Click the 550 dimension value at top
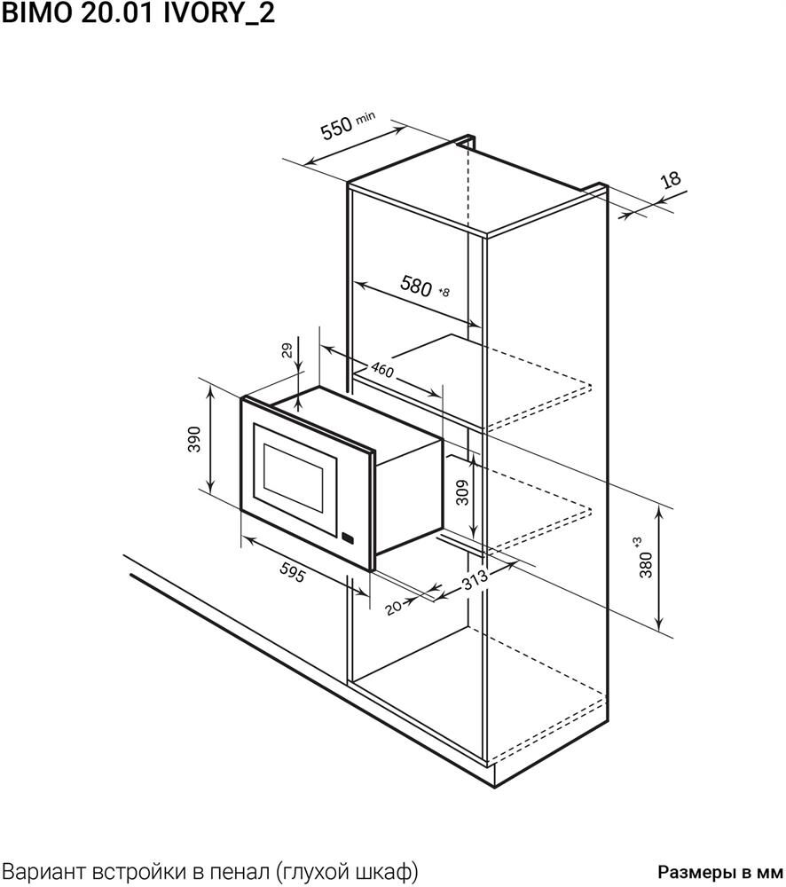pos(337,127)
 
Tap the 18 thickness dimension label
pos(671,180)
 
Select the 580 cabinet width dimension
pos(416,286)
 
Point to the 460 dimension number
pos(382,370)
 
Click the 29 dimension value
pos(287,350)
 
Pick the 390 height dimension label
pos(194,439)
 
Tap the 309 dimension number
pos(462,492)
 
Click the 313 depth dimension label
pos(475,579)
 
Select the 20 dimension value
pos(393,607)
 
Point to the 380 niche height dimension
pos(646,564)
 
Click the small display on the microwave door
pos(348,538)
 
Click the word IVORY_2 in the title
pos(219,13)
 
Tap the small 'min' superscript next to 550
pos(365,118)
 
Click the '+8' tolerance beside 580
pos(444,292)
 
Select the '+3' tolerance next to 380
pos(638,542)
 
